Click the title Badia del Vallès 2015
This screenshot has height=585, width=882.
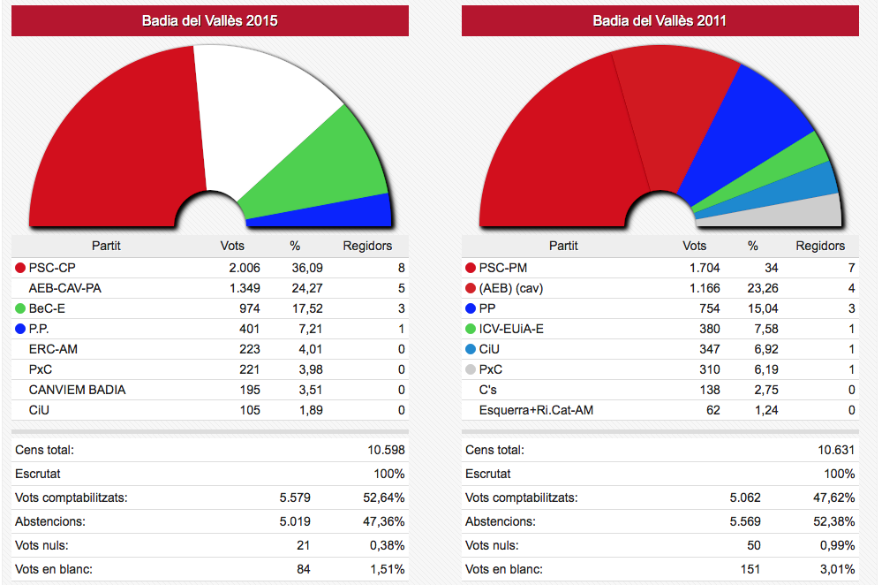(209, 20)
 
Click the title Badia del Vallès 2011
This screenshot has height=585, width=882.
(660, 20)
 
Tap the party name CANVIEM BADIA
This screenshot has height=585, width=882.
(77, 390)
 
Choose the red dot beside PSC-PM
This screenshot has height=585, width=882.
(470, 268)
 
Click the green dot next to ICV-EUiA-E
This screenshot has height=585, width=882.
(470, 329)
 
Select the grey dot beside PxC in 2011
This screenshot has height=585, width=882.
(470, 369)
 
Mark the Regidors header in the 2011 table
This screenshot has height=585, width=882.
(820, 246)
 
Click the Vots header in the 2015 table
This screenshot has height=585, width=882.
(232, 246)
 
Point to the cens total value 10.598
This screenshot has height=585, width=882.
(386, 450)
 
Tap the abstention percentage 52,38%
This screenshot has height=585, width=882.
(834, 521)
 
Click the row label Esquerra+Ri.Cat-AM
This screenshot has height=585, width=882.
(535, 410)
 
